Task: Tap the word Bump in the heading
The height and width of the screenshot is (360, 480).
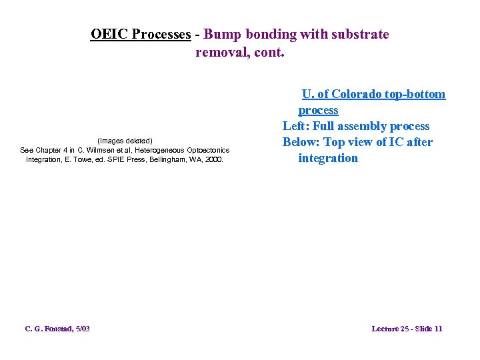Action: (x=223, y=34)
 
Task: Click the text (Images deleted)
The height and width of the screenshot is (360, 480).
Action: (x=125, y=141)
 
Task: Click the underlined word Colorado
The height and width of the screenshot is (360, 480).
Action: (x=359, y=94)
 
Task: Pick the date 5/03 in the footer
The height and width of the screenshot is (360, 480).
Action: (x=83, y=329)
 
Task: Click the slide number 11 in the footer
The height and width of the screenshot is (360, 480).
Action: (x=438, y=329)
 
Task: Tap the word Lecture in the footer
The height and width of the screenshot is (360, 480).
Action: (x=385, y=329)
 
